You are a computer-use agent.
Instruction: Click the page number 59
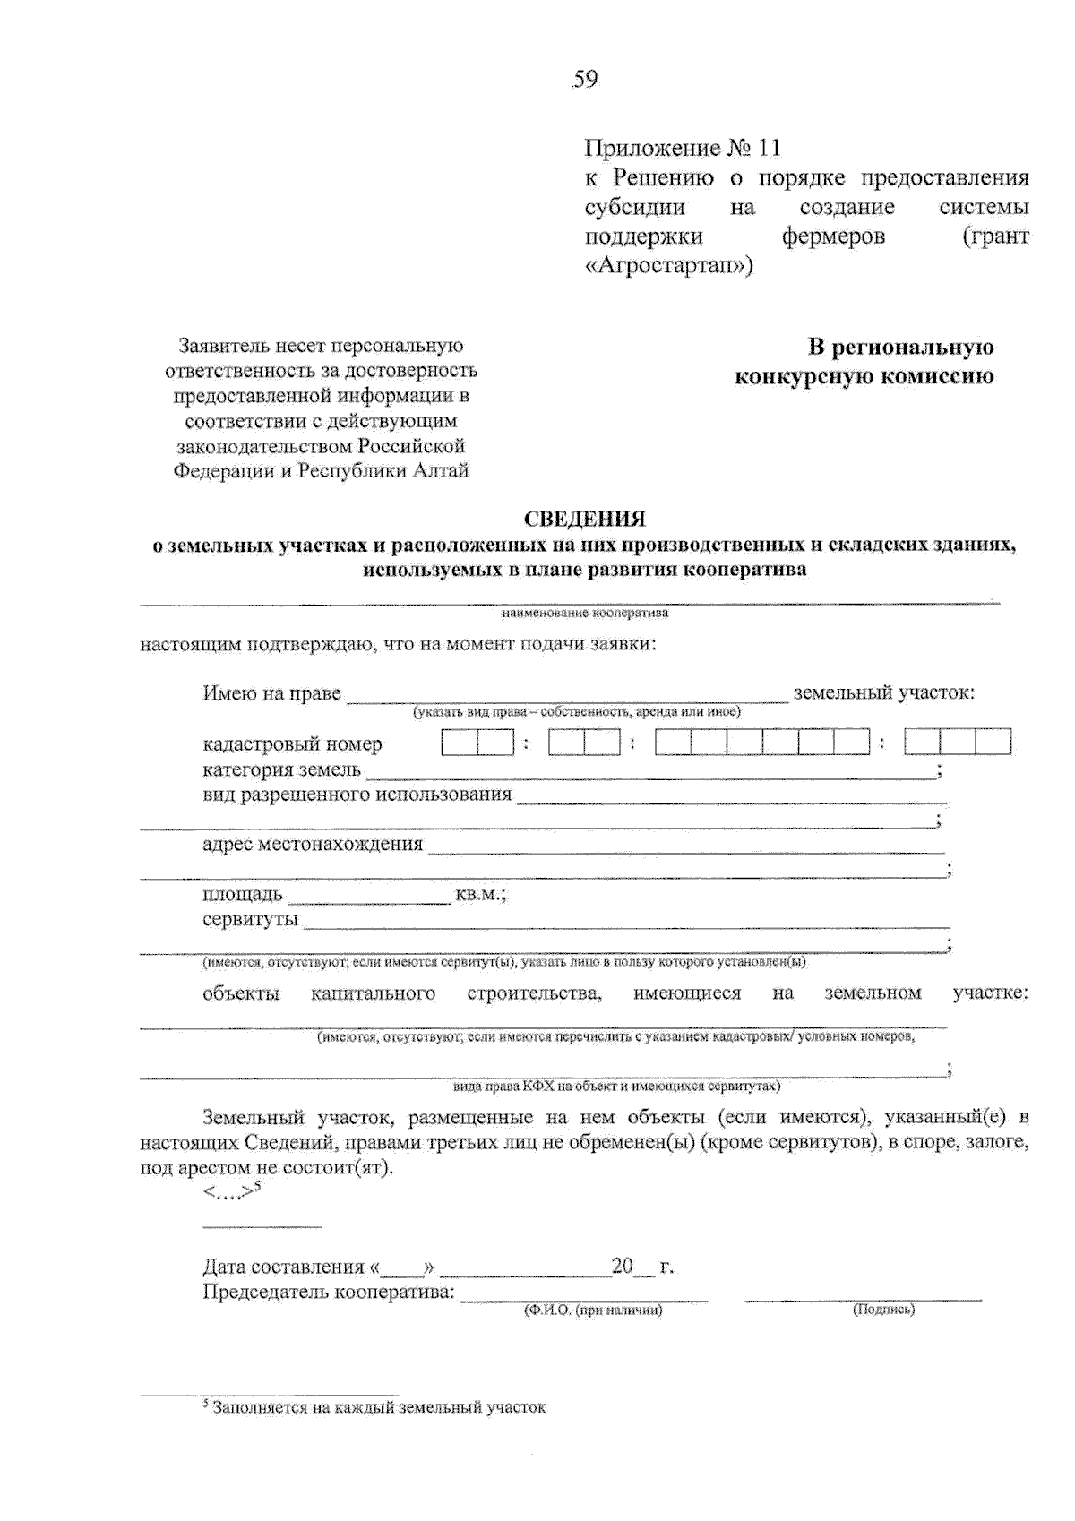[x=584, y=80]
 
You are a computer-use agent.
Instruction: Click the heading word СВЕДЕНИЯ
[x=584, y=519]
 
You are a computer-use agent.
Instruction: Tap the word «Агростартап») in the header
[x=668, y=266]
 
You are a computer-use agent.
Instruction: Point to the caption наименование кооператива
[x=584, y=614]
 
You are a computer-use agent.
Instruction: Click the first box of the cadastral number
[x=460, y=743]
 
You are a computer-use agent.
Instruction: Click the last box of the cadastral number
[x=993, y=743]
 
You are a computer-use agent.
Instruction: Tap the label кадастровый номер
[x=292, y=744]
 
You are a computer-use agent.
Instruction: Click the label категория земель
[x=281, y=769]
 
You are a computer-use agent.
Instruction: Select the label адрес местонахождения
[x=312, y=845]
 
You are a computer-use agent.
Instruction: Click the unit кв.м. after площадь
[x=480, y=895]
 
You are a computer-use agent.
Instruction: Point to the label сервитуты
[x=250, y=920]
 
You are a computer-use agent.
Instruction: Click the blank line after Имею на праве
[x=566, y=696]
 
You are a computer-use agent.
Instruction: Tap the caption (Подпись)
[x=883, y=1310]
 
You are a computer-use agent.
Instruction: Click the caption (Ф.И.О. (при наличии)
[x=593, y=1310]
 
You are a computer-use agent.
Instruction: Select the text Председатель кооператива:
[x=329, y=1293]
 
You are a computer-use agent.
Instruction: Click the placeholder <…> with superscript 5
[x=230, y=1191]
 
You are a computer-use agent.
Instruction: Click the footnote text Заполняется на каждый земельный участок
[x=379, y=1407]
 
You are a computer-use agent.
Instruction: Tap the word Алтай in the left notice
[x=440, y=471]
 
